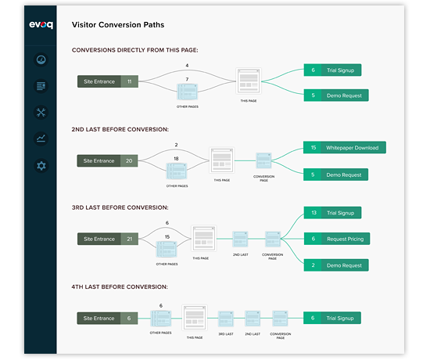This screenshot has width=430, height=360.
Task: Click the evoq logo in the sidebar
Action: tap(41, 25)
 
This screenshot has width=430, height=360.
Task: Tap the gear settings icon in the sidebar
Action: tap(41, 165)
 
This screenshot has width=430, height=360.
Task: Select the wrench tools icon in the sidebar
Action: tap(41, 112)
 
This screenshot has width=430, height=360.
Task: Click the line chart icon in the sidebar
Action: tap(41, 139)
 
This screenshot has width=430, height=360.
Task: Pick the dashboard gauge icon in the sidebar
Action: tap(41, 59)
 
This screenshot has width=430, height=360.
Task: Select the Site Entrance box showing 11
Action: tap(109, 81)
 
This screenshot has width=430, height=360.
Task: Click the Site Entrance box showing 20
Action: tap(109, 160)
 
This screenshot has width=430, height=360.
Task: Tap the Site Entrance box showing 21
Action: tap(109, 239)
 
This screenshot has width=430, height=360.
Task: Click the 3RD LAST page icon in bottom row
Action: tap(225, 319)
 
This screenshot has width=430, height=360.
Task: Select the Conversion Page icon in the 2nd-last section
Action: tap(263, 161)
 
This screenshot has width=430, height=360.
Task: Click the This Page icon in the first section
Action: tap(248, 81)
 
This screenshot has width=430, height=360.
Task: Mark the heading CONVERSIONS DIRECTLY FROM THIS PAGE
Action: tap(134, 50)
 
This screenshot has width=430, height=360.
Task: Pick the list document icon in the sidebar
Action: tap(41, 85)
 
